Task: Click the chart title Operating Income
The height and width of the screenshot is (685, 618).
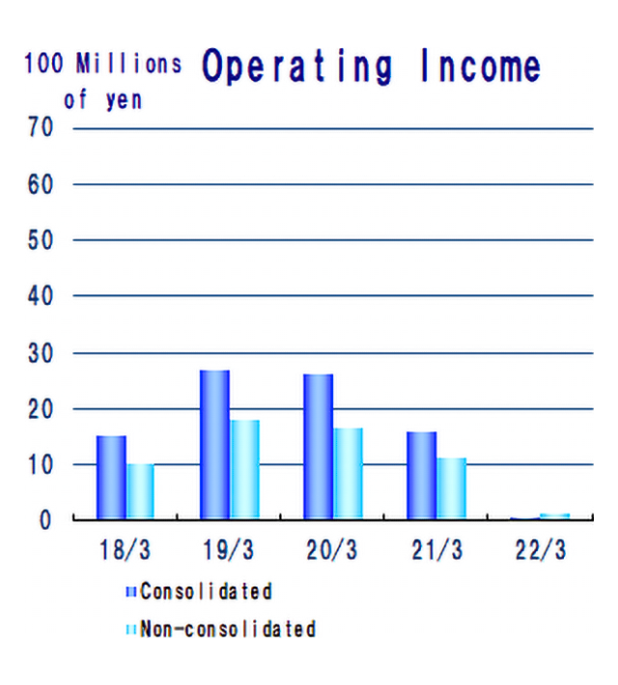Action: (371, 68)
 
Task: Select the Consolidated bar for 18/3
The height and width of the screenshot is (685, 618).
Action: (111, 478)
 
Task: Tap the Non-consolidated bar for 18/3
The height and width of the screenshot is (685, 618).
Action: (141, 492)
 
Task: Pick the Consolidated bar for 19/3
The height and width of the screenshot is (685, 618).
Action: (214, 445)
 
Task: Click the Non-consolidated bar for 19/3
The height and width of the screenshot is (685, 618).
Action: (244, 470)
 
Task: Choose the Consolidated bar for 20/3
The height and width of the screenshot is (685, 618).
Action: (318, 447)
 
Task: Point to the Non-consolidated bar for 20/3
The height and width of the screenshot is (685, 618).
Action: (348, 474)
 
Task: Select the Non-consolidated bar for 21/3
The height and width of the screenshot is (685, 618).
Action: (451, 489)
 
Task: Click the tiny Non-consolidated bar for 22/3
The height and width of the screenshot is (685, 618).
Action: (554, 516)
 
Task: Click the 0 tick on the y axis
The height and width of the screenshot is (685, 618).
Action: (45, 520)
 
